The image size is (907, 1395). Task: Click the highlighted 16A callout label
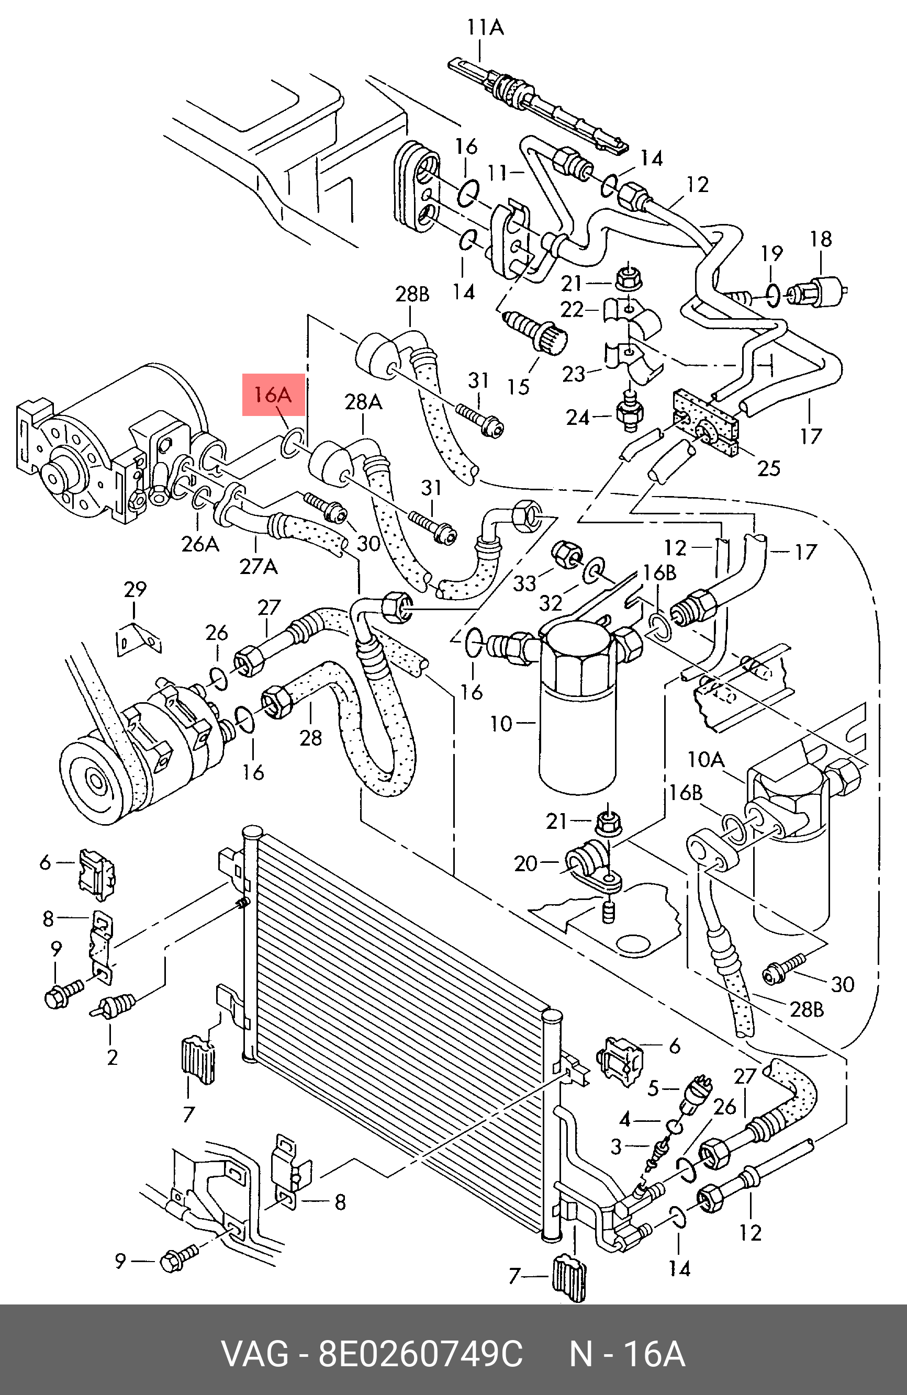click(273, 395)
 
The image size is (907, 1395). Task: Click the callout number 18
click(821, 239)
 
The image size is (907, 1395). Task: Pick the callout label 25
click(769, 468)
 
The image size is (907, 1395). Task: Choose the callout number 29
click(135, 589)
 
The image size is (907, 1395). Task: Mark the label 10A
click(706, 760)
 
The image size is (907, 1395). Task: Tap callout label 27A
click(259, 567)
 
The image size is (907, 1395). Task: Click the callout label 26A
click(200, 544)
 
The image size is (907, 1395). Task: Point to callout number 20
click(525, 864)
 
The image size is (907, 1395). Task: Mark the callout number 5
click(653, 1088)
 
